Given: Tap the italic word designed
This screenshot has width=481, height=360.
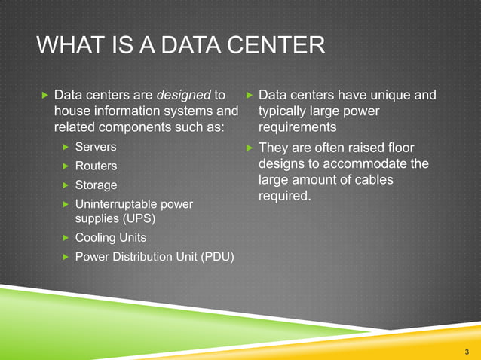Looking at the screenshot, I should [183, 96].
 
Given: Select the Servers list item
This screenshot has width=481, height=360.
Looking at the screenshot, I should [96, 145].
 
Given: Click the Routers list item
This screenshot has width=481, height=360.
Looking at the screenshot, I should [96, 165].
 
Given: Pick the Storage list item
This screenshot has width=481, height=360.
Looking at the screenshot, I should [96, 185].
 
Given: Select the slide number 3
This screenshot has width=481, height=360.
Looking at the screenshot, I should [467, 352].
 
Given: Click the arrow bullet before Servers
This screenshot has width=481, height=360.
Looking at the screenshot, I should [66, 145].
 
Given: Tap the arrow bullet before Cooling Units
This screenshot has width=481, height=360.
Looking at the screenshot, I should [66, 238].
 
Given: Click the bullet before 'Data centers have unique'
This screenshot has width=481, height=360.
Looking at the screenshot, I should [250, 96].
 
